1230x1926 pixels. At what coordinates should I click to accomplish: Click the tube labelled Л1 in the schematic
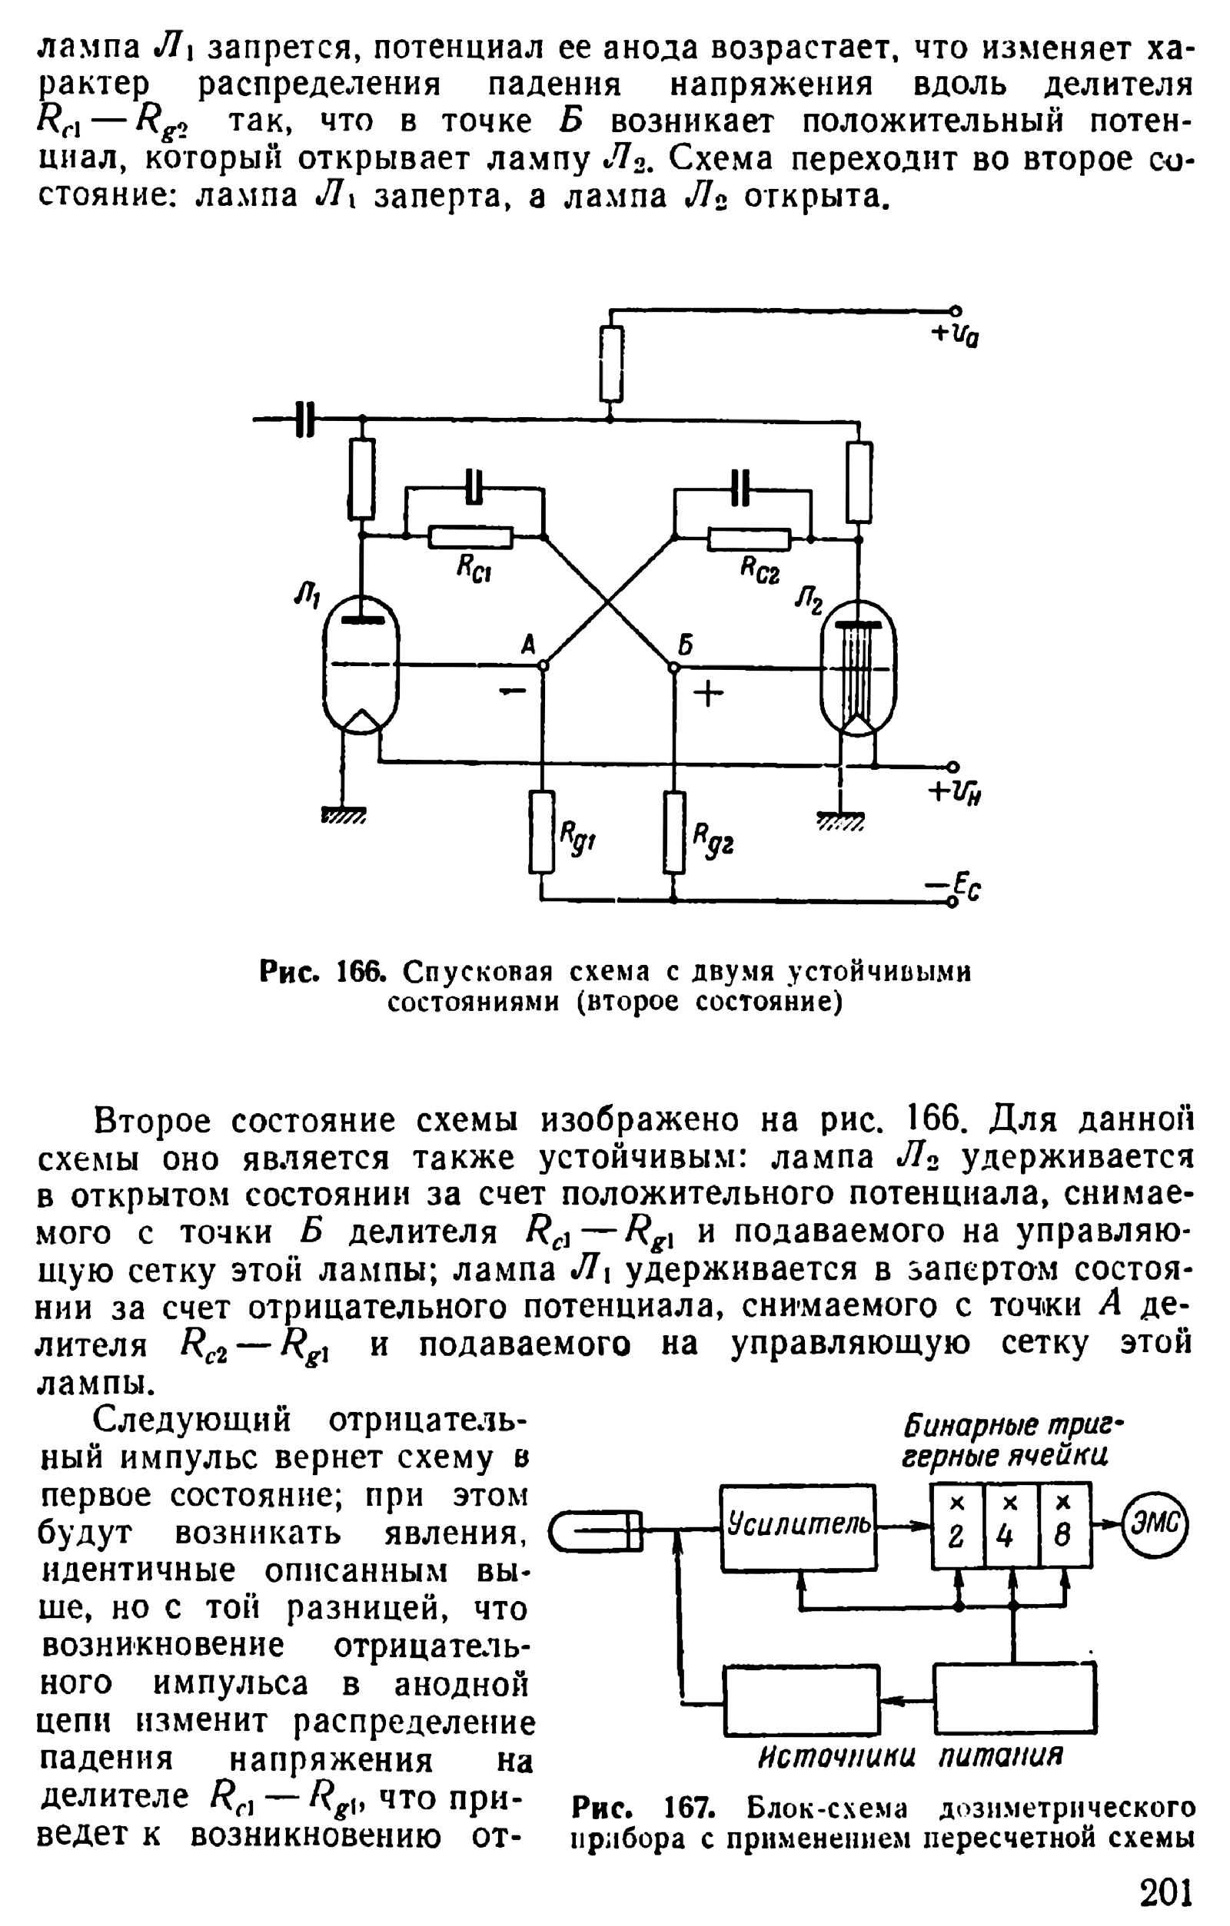pyautogui.click(x=361, y=664)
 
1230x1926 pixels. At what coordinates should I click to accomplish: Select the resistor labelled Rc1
pyautogui.click(x=470, y=538)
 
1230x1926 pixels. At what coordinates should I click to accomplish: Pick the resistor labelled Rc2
pyautogui.click(x=749, y=540)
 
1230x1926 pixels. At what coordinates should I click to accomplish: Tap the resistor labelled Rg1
pyautogui.click(x=542, y=832)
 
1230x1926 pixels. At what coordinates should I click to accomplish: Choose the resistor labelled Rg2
pyautogui.click(x=675, y=832)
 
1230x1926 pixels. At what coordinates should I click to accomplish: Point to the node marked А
pyautogui.click(x=543, y=665)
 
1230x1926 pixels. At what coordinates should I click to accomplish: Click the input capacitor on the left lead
pyautogui.click(x=305, y=419)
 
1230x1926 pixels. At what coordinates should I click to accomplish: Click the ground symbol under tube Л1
pyautogui.click(x=344, y=816)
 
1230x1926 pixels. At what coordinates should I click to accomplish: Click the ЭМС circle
pyautogui.click(x=1155, y=1526)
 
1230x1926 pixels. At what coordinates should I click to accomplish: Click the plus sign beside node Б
pyautogui.click(x=707, y=694)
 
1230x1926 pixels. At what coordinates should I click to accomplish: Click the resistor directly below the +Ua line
pyautogui.click(x=611, y=364)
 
